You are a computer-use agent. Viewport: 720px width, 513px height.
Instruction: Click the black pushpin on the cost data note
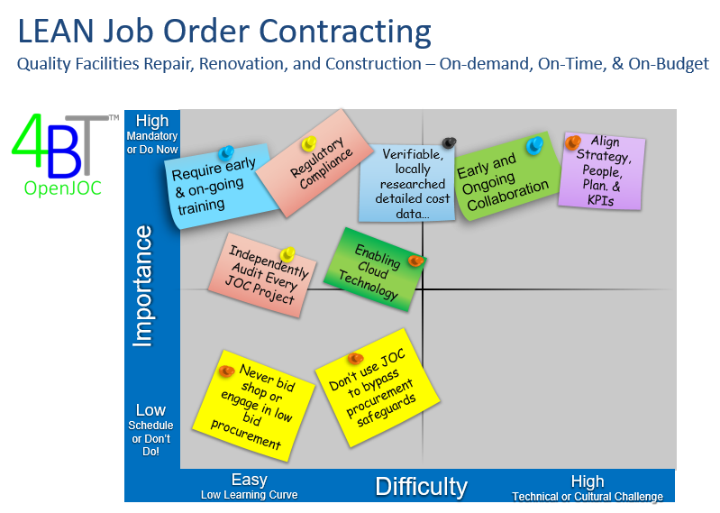click(449, 142)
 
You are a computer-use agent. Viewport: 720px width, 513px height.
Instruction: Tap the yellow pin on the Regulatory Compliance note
click(309, 143)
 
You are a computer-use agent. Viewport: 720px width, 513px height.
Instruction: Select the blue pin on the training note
click(226, 152)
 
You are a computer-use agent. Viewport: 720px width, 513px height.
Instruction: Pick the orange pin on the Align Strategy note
click(572, 142)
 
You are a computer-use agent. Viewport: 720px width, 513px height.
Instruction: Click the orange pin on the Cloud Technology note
click(416, 261)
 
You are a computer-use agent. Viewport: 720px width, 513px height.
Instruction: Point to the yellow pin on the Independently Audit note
click(287, 253)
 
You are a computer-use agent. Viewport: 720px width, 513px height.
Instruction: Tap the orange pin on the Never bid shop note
click(226, 371)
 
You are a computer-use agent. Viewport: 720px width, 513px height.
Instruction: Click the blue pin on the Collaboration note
click(534, 145)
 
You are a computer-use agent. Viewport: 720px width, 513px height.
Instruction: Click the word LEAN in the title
click(56, 31)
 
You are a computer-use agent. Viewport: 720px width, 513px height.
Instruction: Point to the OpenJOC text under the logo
click(62, 188)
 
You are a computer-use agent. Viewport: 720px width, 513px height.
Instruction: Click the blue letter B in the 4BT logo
click(64, 152)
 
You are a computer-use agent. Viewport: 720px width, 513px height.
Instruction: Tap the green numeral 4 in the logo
click(29, 140)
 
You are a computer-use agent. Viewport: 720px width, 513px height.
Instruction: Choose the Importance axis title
click(142, 286)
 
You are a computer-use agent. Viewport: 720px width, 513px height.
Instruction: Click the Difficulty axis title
click(421, 486)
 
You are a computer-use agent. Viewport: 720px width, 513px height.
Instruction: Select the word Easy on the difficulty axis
click(249, 480)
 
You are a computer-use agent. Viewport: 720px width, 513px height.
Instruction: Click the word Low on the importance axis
click(150, 409)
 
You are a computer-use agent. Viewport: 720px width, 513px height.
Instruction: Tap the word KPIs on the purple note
click(601, 200)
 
